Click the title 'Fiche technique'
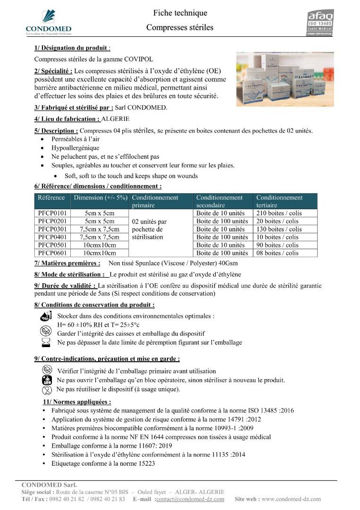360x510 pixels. pos(180,13)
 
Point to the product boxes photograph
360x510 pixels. pos(285,79)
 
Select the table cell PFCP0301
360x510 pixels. pos(53,229)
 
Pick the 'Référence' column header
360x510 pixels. pos(52,197)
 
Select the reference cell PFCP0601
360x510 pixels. pos(53,253)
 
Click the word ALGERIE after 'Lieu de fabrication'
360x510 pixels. pos(116,119)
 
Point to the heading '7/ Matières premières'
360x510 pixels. pos(67,263)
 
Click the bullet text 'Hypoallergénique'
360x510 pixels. pos(75,148)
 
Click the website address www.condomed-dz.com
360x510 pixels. pos(291,499)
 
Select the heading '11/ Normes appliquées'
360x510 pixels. pos(77,402)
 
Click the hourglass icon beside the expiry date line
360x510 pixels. pos(46,342)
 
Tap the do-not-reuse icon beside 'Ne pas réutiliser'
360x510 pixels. pos(47,390)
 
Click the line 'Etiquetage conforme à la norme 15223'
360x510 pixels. pos(103,463)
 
